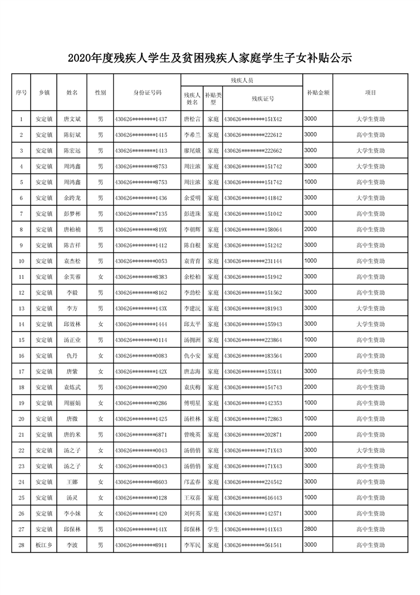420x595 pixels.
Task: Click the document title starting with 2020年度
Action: point(210,58)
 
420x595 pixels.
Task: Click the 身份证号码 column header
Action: point(147,92)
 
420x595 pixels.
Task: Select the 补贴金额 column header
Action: point(318,92)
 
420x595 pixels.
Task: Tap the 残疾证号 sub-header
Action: point(263,98)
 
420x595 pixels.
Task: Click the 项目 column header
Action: point(370,92)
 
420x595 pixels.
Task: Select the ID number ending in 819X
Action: point(141,230)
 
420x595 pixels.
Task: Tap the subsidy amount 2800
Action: point(311,529)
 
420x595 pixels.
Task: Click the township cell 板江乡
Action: point(44,545)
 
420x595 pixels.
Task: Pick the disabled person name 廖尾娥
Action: point(192,151)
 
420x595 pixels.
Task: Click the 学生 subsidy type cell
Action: point(213,529)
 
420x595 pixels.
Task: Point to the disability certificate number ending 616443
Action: point(253,497)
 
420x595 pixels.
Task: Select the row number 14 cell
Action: point(21,324)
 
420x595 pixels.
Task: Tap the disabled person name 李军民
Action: point(192,545)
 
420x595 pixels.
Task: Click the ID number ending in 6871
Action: point(141,434)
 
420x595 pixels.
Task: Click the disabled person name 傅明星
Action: point(192,403)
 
